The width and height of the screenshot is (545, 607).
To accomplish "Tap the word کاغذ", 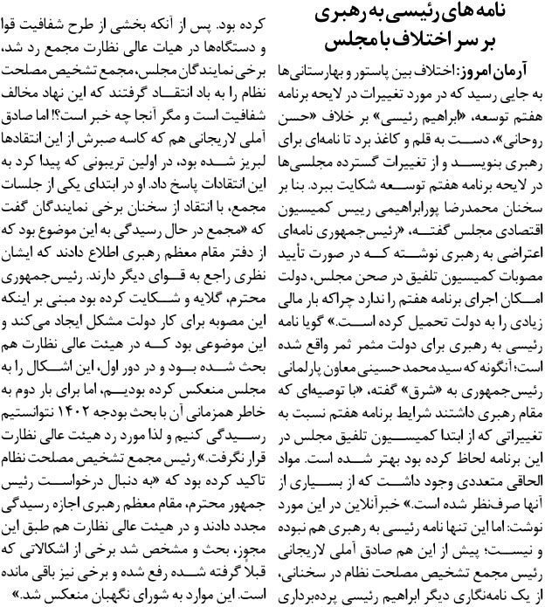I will (398, 137).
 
